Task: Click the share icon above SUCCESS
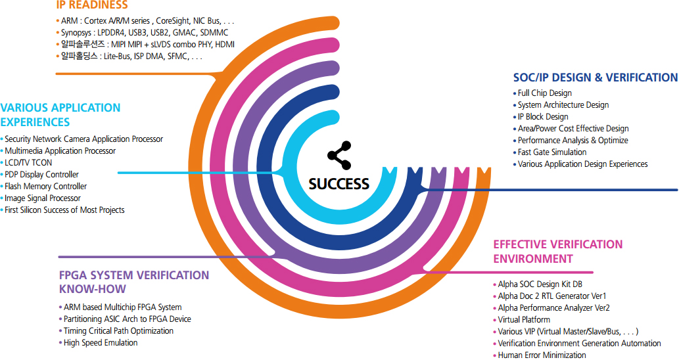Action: click(339, 155)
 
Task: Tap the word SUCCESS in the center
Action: click(339, 184)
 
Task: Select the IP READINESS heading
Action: click(92, 5)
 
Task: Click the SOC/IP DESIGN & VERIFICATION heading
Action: click(596, 78)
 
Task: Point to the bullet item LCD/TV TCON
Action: click(28, 163)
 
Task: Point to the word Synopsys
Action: click(76, 32)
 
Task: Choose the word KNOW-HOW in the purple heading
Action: click(93, 289)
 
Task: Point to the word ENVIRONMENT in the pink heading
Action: click(533, 259)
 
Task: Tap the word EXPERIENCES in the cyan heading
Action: click(35, 122)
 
